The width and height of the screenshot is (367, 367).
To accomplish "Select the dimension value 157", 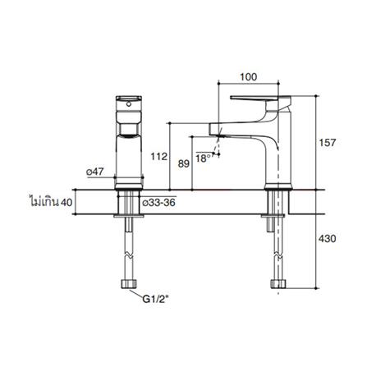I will click(328, 144).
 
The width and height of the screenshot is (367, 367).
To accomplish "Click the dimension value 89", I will click(183, 163).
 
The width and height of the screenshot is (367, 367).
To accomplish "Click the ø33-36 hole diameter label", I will click(156, 200).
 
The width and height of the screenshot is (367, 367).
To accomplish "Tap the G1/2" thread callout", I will click(155, 300).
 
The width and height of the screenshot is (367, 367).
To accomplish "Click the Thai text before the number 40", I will click(44, 200).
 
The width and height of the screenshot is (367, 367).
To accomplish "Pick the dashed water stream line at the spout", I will click(216, 148).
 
